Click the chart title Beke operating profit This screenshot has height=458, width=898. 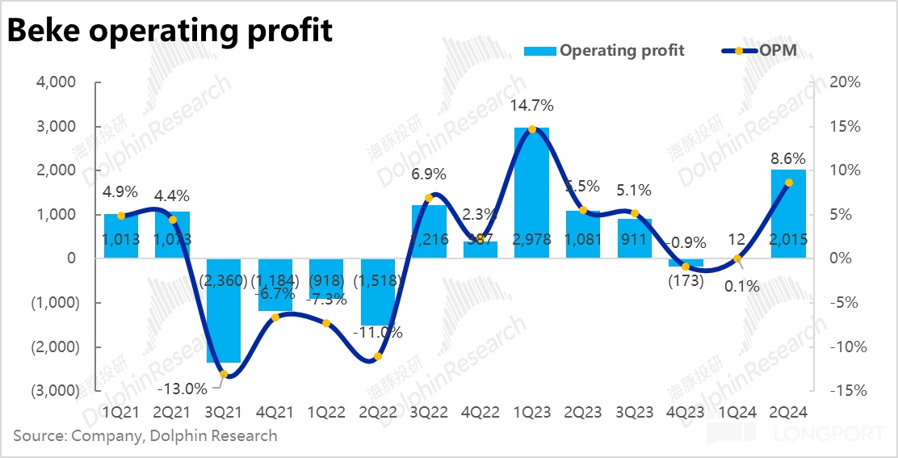[170, 31]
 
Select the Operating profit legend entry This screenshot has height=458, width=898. [604, 50]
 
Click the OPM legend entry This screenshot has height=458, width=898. [759, 50]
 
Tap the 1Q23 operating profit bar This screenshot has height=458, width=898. [531, 193]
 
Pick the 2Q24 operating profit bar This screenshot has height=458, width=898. [788, 214]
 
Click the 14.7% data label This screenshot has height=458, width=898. [531, 105]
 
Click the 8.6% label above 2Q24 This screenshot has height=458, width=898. [787, 158]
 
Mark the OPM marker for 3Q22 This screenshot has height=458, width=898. [429, 197]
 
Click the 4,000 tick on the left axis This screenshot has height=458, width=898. [56, 82]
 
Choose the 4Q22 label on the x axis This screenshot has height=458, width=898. [480, 412]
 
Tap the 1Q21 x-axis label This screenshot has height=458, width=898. [121, 412]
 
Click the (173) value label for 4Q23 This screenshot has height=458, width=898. [685, 282]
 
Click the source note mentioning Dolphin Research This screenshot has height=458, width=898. [145, 436]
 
